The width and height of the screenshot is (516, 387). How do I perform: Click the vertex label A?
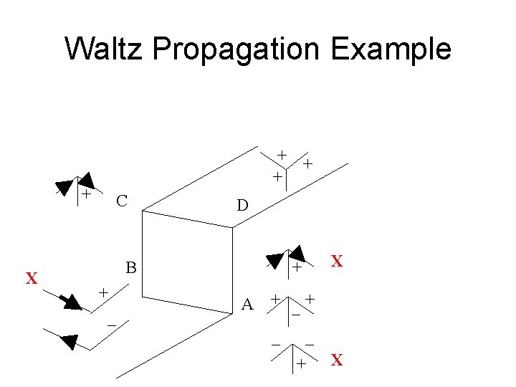coord(247,305)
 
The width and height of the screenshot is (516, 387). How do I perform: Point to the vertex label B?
coord(131,269)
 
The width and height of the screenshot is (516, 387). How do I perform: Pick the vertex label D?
coord(242,206)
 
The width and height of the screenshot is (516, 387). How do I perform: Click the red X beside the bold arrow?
coord(32,278)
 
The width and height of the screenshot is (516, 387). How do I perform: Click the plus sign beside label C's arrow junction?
coord(85,194)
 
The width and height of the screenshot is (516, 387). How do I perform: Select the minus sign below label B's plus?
coord(112,325)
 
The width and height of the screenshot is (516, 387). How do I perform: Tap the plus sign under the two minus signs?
coord(301,365)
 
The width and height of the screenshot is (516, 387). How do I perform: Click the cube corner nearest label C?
coord(143,211)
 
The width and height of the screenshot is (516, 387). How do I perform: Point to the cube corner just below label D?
coord(233,228)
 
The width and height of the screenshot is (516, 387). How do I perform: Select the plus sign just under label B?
coord(103,292)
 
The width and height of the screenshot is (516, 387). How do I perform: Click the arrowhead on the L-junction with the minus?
coord(70,341)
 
